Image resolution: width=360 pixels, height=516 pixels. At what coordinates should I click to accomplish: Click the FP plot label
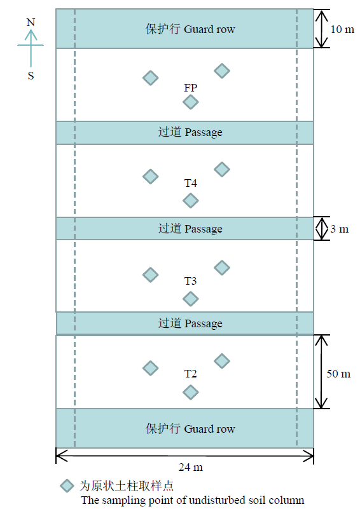tap(190, 88)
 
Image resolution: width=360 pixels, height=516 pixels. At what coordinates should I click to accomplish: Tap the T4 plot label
tap(190, 183)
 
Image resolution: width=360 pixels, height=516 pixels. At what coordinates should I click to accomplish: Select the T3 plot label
tap(190, 281)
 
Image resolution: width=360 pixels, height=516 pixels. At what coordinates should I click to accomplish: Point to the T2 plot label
tap(190, 374)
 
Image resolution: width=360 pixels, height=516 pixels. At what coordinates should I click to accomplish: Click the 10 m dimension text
tap(342, 29)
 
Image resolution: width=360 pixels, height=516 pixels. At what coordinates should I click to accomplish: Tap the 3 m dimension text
tap(339, 229)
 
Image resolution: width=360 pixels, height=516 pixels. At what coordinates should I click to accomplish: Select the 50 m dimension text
tap(338, 374)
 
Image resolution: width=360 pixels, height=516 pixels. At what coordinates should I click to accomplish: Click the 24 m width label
tap(191, 467)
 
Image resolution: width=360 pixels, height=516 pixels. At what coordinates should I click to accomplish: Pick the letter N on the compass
tap(31, 22)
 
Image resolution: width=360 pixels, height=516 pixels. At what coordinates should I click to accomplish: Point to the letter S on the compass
tap(31, 76)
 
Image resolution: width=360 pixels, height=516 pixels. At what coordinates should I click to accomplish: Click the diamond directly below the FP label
tap(191, 102)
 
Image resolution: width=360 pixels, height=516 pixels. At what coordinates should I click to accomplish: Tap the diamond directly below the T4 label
tap(191, 200)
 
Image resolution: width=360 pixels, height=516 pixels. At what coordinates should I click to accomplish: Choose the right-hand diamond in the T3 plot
tap(222, 268)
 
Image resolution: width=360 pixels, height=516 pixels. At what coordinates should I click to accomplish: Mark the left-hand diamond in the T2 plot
tap(151, 368)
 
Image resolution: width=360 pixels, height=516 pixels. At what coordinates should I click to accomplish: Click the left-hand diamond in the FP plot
tap(151, 78)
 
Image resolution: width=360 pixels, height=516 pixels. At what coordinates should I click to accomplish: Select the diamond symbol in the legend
tap(67, 486)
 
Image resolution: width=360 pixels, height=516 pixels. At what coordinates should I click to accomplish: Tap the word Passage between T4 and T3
tap(204, 229)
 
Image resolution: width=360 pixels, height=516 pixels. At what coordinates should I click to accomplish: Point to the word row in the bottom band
tap(226, 429)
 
